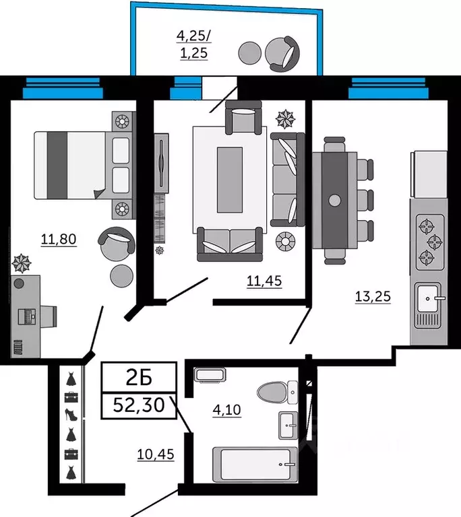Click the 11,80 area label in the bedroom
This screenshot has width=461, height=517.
pos(59,239)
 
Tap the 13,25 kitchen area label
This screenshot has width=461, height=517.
pos(373,296)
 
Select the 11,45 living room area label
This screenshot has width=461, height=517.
pos(264,281)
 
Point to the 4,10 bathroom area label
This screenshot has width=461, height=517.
pos(227,409)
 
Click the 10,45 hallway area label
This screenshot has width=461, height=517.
pos(156,454)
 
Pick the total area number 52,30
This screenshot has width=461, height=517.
pos(139,405)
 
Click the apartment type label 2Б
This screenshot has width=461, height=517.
pos(139,378)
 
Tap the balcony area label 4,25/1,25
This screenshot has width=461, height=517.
pos(194,44)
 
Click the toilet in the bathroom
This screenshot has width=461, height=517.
pos(278,392)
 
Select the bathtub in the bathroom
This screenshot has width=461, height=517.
pos(255,464)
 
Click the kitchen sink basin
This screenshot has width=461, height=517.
pos(428,298)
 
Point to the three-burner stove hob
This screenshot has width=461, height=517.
pos(430,242)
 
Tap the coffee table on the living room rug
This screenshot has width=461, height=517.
pos(230,180)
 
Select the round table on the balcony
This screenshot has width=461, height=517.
pos(249,53)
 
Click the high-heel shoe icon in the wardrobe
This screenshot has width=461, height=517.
pos(71,415)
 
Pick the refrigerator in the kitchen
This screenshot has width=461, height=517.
pos(429,174)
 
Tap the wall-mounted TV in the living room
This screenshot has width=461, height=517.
pos(161,163)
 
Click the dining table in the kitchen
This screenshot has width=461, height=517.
pos(334,200)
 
